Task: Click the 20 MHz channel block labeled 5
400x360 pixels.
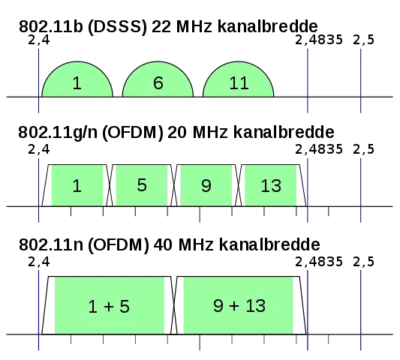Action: [x=142, y=185]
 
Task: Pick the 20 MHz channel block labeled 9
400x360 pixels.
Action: [x=206, y=185]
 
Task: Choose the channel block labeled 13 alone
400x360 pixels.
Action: [x=271, y=185]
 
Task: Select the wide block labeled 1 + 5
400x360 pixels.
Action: [x=109, y=305]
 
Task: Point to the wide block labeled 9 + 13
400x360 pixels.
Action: [x=239, y=305]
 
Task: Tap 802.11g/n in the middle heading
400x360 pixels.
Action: [x=58, y=132]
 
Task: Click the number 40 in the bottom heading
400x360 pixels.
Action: [x=163, y=244]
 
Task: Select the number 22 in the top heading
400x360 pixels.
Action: [x=161, y=26]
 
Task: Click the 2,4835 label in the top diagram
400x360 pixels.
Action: [x=319, y=40]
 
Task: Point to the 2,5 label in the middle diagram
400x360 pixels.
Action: [x=363, y=149]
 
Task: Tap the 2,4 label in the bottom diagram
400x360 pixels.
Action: [x=39, y=262]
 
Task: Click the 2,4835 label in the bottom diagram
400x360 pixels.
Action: [x=319, y=262]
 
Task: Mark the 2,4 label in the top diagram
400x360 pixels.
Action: [x=39, y=40]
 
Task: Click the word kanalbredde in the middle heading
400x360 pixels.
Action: [x=284, y=132]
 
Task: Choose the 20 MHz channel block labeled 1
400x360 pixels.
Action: [x=77, y=185]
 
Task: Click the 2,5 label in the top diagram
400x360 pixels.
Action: [x=363, y=40]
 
